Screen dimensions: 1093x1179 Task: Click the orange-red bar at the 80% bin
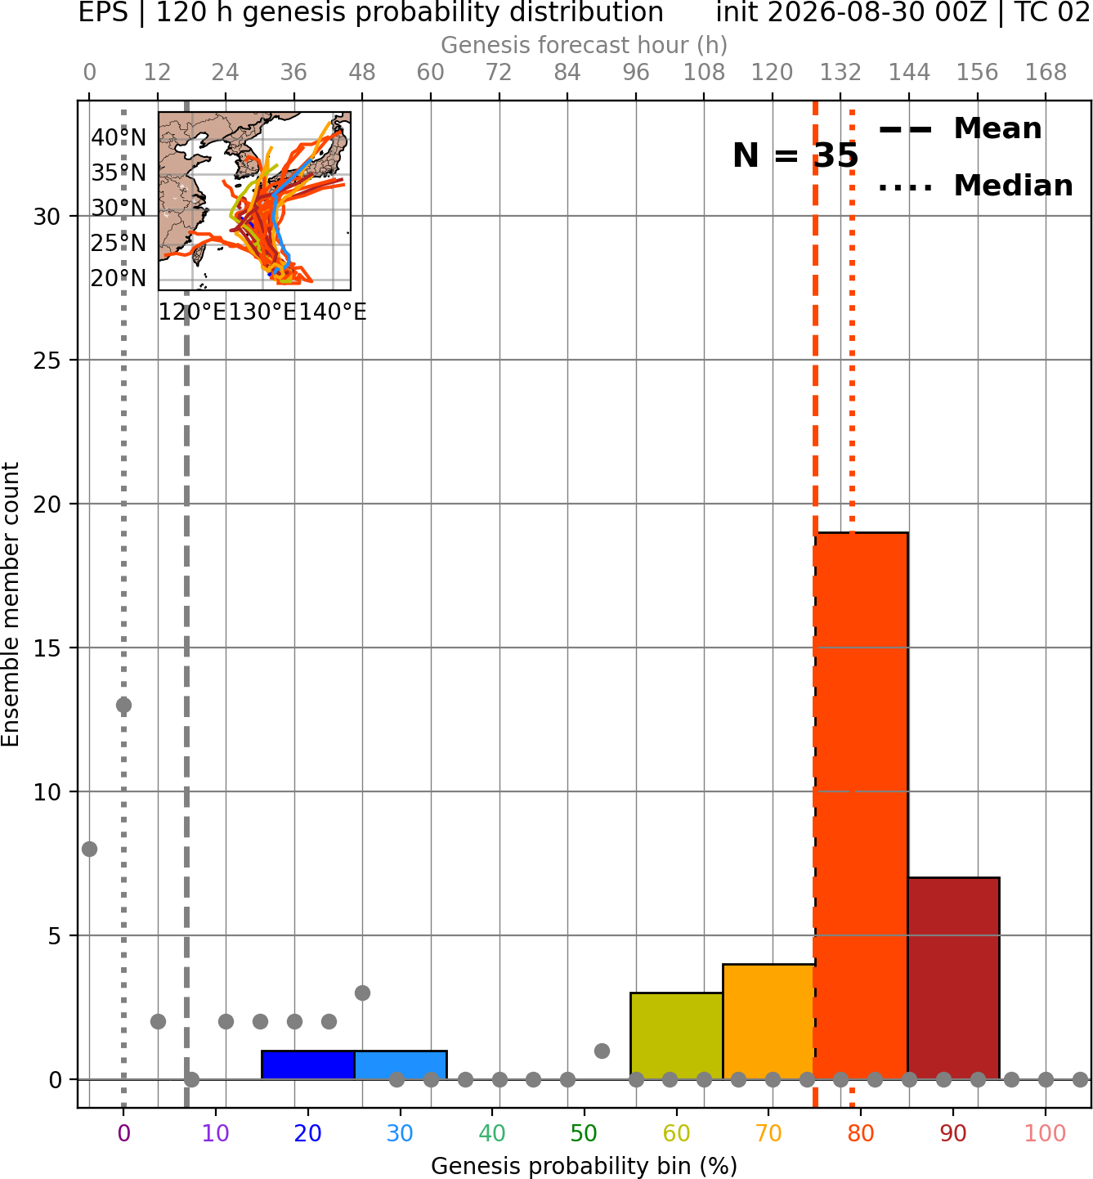coord(861,805)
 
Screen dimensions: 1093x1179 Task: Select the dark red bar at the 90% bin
coord(953,978)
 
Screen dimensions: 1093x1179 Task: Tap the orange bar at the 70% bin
coord(768,1021)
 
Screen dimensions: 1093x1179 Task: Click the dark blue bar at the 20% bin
coord(308,1065)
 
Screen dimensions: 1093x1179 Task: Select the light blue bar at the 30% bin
coord(401,1065)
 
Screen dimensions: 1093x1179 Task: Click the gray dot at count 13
coord(123,706)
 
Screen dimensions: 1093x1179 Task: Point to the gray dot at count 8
coord(89,849)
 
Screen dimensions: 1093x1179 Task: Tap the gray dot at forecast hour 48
coord(362,993)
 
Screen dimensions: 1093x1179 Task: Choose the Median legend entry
coord(976,186)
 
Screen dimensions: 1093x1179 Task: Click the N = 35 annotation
coord(795,155)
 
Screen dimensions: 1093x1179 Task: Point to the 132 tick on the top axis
coord(840,73)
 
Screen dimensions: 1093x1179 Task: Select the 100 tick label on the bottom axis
coord(1046,1133)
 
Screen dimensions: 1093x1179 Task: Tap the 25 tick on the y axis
coord(47,361)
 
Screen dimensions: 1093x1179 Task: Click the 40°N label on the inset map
coord(119,137)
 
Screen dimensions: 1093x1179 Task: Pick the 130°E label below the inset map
coord(262,312)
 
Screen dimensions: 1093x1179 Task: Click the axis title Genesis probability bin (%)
coord(585,1166)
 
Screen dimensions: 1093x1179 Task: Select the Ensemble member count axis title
coord(11,604)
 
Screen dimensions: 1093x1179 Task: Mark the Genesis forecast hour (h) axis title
coord(585,45)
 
